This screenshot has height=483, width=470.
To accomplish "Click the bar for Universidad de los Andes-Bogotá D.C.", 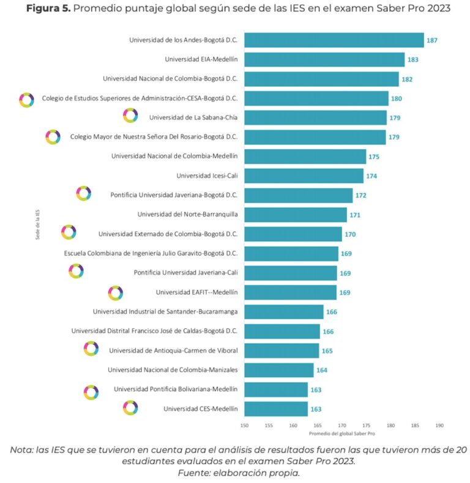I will (x=334, y=40).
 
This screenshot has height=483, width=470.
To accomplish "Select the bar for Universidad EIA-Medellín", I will (x=324, y=59).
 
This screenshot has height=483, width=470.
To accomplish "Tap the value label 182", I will (x=407, y=79).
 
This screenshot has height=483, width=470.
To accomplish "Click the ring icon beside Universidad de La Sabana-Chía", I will (x=130, y=115).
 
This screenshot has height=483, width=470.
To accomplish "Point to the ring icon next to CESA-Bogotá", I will (x=26, y=99).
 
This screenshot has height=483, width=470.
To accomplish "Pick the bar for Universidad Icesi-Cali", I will (x=304, y=176).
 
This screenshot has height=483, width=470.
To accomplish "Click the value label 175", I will (x=374, y=157).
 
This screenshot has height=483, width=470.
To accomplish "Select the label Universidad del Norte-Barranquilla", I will (x=187, y=215).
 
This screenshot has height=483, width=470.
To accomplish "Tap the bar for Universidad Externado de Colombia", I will (x=293, y=234).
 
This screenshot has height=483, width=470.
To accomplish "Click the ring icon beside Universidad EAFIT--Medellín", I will (x=115, y=293).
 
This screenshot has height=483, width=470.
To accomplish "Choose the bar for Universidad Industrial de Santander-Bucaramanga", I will (x=284, y=312).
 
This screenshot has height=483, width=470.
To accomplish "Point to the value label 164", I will (x=322, y=370).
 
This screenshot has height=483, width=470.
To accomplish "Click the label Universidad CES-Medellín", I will (x=200, y=408).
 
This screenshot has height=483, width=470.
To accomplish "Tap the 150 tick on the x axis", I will (x=244, y=424).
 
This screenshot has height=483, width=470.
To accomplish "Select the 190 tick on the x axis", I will (x=439, y=424).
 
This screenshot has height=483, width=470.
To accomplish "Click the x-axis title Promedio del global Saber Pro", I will (x=341, y=433).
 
